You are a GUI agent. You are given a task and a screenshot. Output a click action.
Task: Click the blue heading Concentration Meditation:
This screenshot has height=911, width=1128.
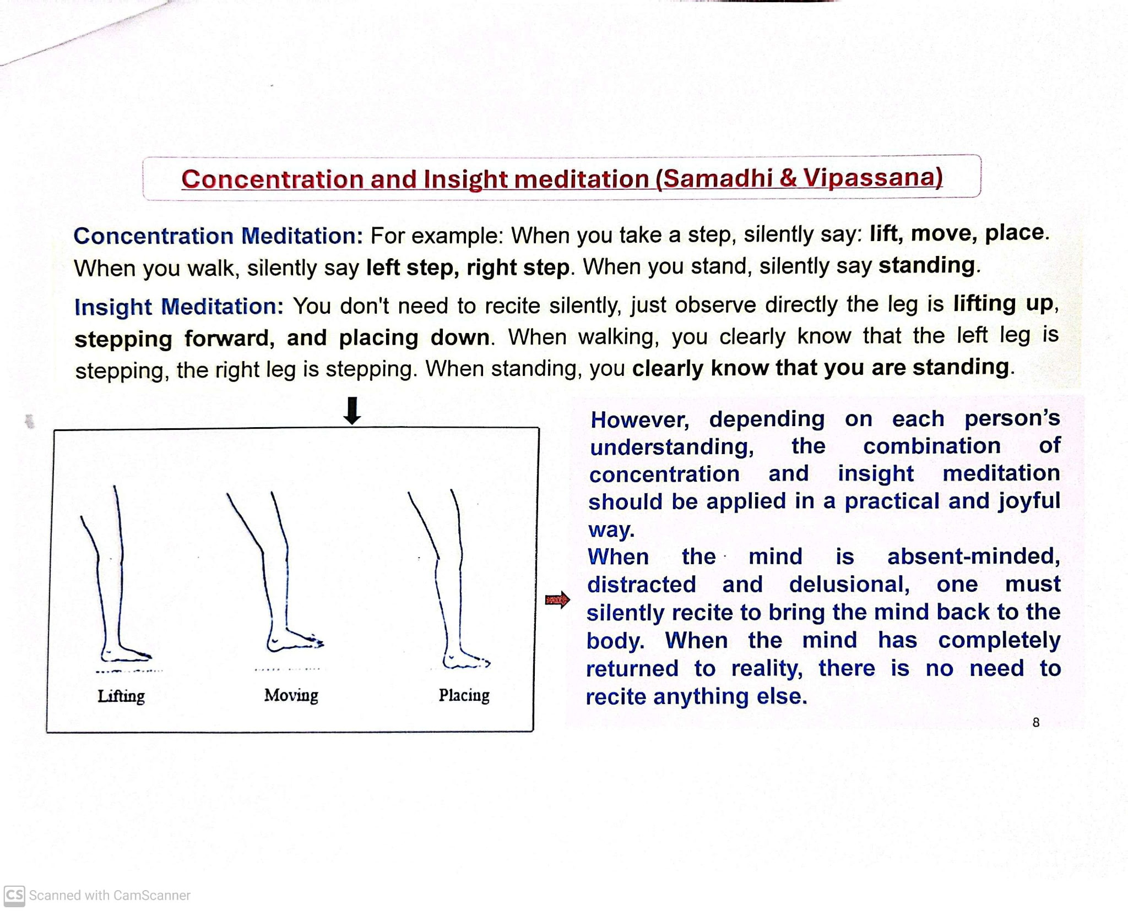pyautogui.click(x=218, y=236)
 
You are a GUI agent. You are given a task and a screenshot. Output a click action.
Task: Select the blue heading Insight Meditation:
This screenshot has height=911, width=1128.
pyautogui.click(x=178, y=307)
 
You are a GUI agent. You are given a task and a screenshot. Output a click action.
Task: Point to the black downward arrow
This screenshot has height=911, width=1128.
pyautogui.click(x=352, y=411)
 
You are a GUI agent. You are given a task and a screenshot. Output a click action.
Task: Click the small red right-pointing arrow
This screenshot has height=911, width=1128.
pyautogui.click(x=557, y=599)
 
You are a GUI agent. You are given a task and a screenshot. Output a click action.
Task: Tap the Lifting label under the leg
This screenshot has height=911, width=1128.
pyautogui.click(x=121, y=696)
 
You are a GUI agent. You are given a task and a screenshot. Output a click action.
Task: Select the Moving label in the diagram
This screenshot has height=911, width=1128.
pyautogui.click(x=291, y=695)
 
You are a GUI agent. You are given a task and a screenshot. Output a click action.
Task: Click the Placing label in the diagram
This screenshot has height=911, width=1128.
pyautogui.click(x=464, y=695)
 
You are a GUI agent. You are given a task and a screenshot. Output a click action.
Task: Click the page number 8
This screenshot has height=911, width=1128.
pyautogui.click(x=1036, y=722)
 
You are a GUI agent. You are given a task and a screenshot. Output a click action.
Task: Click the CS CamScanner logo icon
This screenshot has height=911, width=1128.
pyautogui.click(x=14, y=895)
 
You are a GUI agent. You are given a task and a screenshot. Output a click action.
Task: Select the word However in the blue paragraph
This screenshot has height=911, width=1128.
pyautogui.click(x=639, y=420)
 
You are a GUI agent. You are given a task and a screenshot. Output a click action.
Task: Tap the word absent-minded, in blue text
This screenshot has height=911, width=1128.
pyautogui.click(x=973, y=556)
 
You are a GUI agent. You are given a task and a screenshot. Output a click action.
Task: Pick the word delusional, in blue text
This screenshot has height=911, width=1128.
pyautogui.click(x=849, y=584)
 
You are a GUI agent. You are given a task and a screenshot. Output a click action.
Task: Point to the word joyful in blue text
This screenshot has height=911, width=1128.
pyautogui.click(x=1028, y=501)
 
